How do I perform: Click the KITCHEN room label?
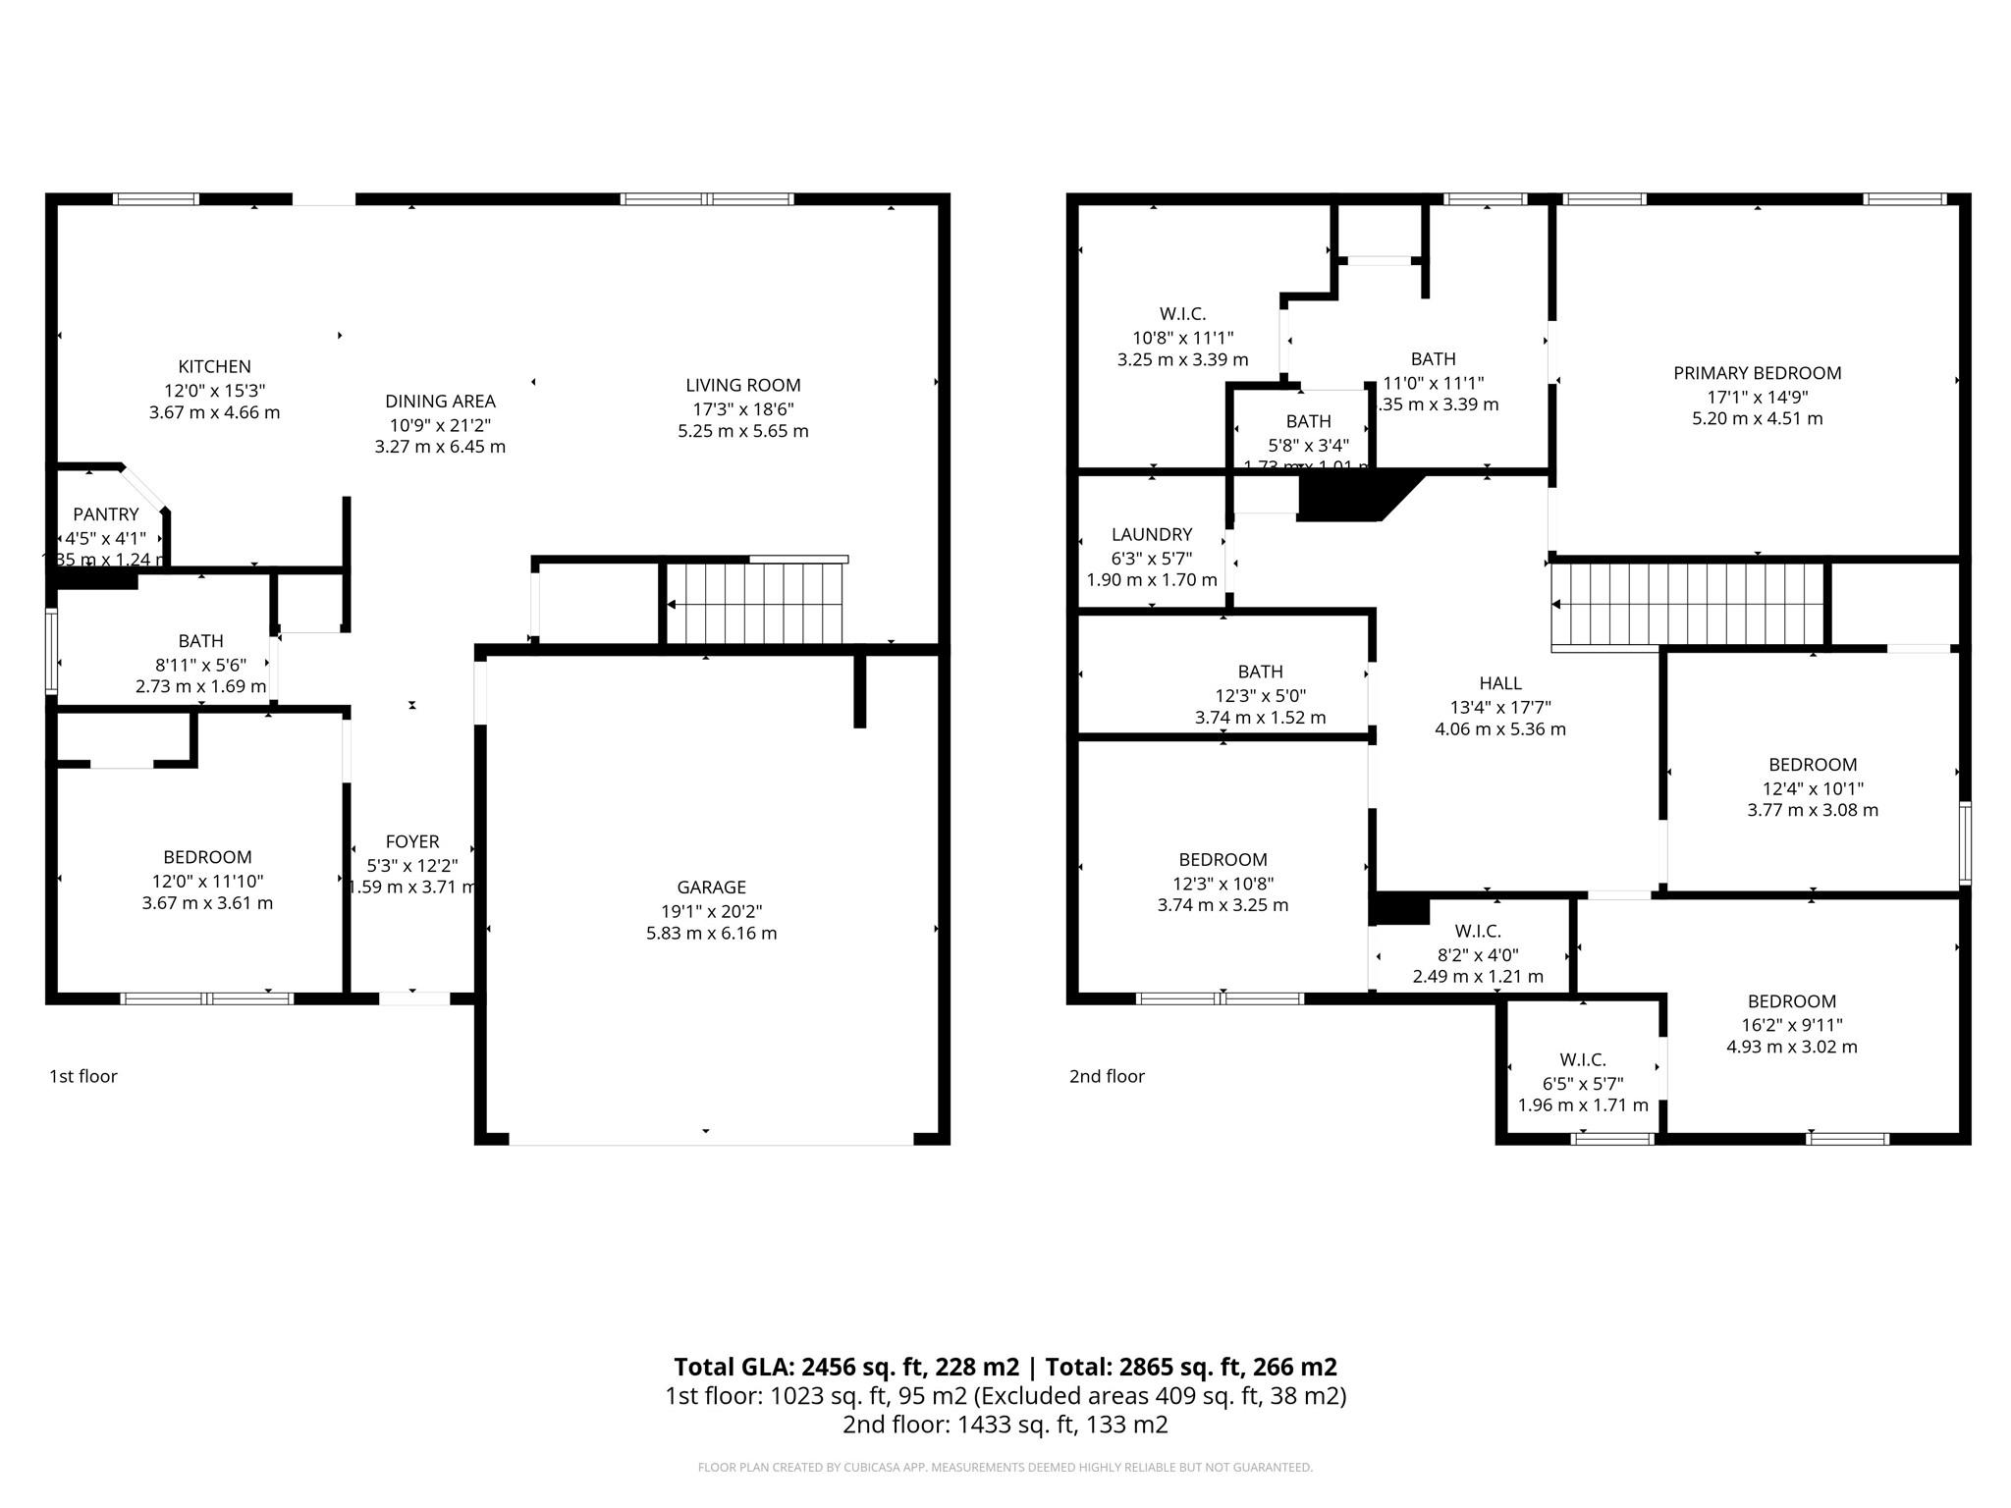(x=214, y=366)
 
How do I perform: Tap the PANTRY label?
(x=106, y=513)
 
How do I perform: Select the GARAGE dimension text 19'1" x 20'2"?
(x=711, y=910)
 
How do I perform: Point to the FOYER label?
(x=412, y=841)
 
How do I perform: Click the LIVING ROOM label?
(x=743, y=385)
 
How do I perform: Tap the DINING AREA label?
(x=440, y=401)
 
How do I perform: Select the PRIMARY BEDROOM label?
(x=1757, y=373)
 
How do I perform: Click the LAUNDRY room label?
(x=1152, y=534)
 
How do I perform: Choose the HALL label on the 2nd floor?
(x=1500, y=683)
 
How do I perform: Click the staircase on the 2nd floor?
(x=1687, y=604)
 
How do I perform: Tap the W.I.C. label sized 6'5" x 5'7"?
(x=1583, y=1059)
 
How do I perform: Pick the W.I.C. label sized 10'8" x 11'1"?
(x=1182, y=314)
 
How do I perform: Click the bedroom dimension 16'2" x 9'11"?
(x=1791, y=1024)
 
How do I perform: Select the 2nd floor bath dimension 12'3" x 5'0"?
(x=1260, y=695)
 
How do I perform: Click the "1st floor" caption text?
(x=83, y=1076)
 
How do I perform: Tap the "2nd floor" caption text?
(x=1107, y=1076)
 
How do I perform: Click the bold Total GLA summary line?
(x=1005, y=1367)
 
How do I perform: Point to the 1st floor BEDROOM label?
(x=207, y=857)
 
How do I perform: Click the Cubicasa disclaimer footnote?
(x=1005, y=1468)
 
